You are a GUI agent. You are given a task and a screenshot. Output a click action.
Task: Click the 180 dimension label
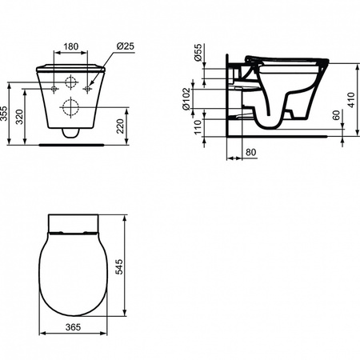click(x=70, y=46)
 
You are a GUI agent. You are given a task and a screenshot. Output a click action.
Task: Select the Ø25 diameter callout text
click(x=126, y=46)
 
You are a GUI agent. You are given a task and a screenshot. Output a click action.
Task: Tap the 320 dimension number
click(x=20, y=117)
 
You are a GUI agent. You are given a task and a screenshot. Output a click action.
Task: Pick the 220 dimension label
click(x=120, y=126)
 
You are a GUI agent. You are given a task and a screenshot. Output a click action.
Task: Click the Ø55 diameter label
click(x=198, y=53)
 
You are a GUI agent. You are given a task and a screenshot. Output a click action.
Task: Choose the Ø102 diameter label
click(x=186, y=99)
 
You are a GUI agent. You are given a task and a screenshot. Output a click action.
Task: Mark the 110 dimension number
click(x=198, y=127)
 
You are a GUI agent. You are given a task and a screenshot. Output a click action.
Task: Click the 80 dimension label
click(x=250, y=152)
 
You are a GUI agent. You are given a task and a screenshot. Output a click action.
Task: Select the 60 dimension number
click(x=337, y=115)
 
